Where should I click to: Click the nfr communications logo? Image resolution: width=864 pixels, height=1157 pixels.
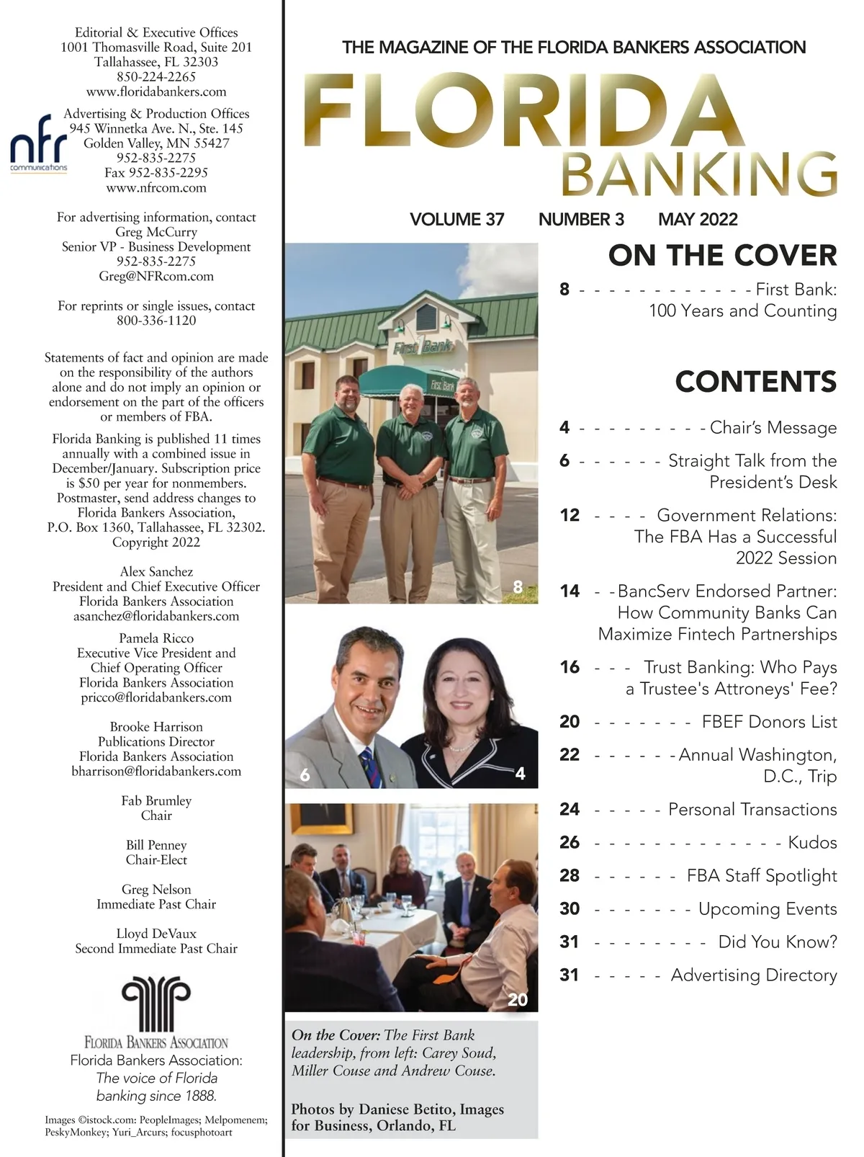coord(38,143)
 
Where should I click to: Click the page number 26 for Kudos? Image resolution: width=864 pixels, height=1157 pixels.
coord(569,842)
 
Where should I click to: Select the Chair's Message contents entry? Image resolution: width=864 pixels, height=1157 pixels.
coord(773,427)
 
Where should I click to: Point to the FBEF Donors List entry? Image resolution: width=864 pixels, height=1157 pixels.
coord(769,721)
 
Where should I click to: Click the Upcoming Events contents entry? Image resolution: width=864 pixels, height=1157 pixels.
coord(767,908)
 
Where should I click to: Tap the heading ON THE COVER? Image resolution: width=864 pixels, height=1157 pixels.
coord(722,256)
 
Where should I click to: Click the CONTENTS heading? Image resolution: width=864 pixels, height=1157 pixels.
coord(755,381)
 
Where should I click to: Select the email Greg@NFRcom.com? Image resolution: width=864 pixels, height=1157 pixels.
coord(156,276)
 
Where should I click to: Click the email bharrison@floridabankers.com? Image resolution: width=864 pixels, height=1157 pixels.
coord(156,771)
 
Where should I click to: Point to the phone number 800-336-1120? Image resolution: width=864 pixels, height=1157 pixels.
coord(156,321)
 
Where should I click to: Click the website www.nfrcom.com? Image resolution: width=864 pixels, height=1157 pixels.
coord(156,188)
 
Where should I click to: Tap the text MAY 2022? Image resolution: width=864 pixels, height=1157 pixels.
coord(698,219)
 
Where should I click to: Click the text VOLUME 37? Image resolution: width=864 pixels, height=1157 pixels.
coord(456,219)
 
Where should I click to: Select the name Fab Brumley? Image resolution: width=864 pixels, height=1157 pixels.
coord(156,800)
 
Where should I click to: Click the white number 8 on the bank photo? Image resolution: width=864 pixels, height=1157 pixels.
coord(517,586)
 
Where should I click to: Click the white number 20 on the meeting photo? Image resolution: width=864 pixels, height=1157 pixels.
coord(517,999)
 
